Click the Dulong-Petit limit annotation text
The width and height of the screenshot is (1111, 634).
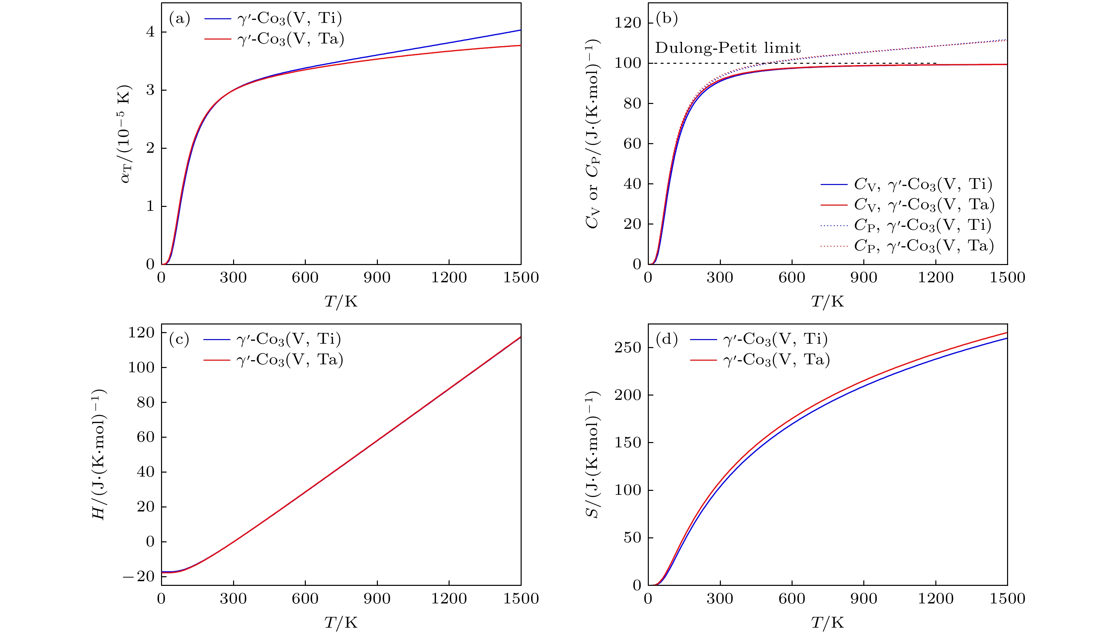727,48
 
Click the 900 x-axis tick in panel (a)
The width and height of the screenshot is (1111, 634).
377,277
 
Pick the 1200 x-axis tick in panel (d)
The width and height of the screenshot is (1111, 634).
936,598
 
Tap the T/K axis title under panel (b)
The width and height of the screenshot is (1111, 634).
827,301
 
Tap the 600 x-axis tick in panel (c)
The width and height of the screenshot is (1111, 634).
305,598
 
